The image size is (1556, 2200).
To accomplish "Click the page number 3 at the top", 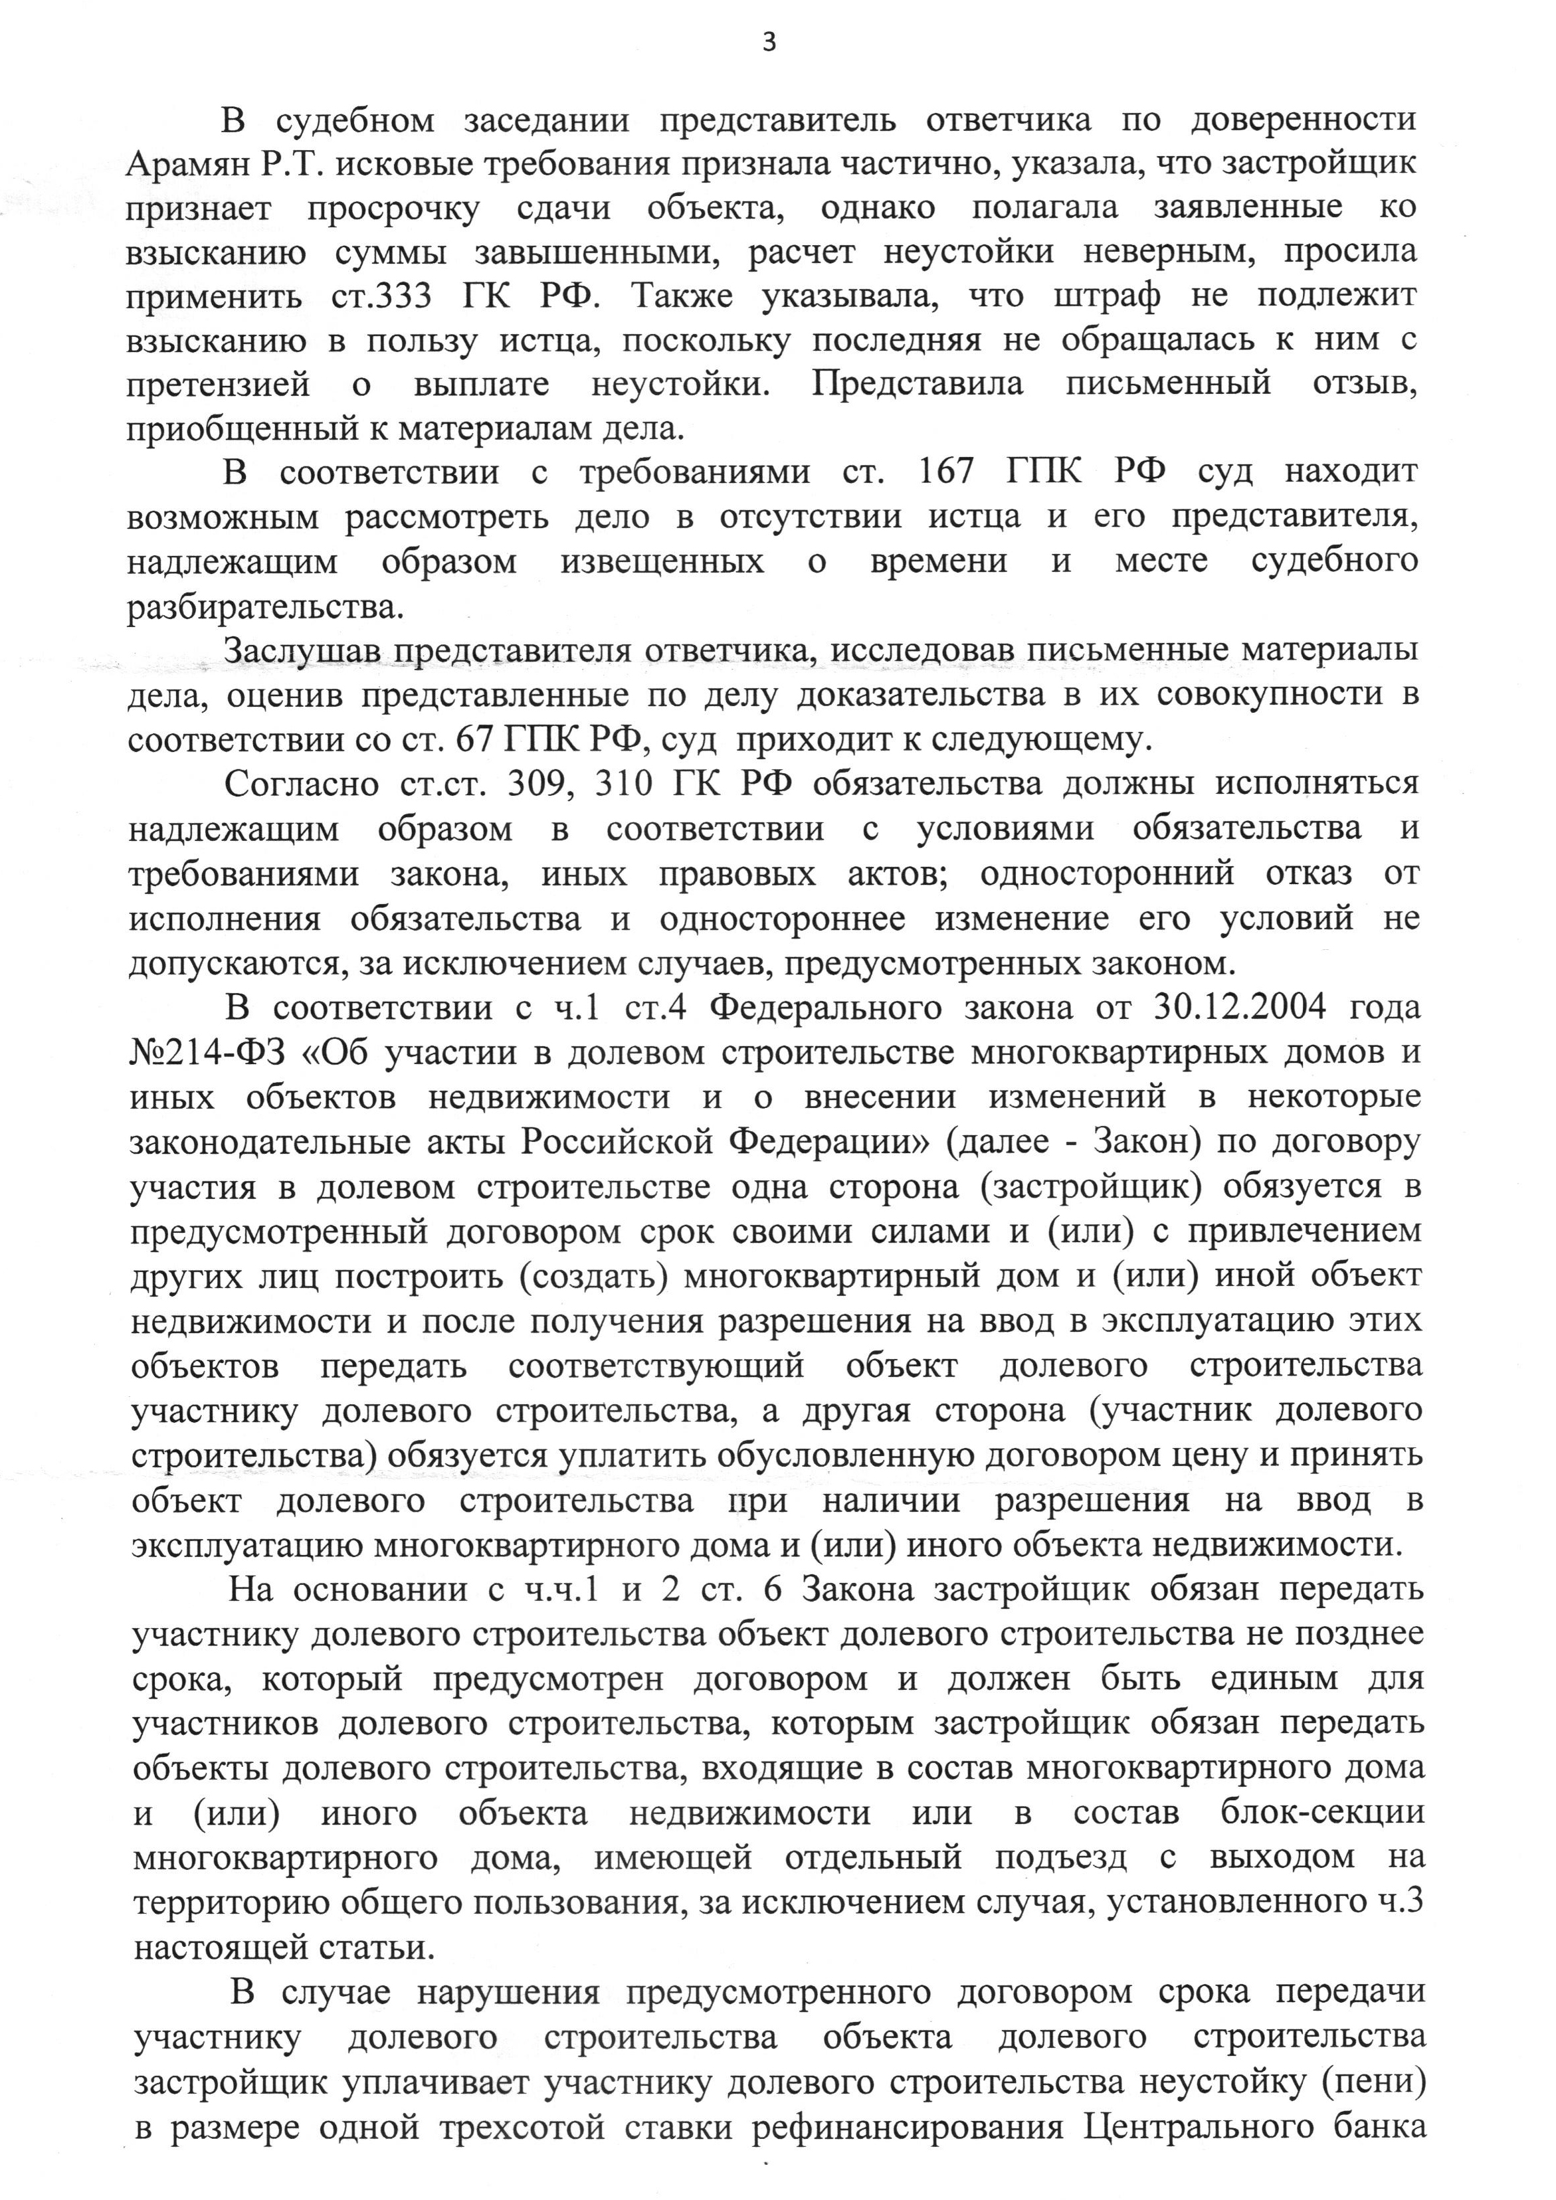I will point(769,42).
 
